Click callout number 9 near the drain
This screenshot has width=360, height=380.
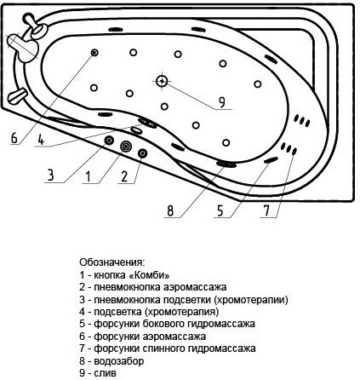pos(222,102)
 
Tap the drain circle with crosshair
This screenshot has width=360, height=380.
pos(162,81)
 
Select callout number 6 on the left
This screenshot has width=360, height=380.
pos(14,138)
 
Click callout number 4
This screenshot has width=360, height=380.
pos(41,140)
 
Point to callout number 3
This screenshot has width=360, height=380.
pos(51,176)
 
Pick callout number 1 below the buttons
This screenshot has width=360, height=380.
pos(89,176)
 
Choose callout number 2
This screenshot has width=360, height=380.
pos(124,176)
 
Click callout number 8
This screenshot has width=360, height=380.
pos(170,211)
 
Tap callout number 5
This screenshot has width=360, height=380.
pos(220,211)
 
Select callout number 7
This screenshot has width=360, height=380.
pos(266,211)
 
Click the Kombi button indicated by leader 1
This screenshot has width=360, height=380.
pos(126,147)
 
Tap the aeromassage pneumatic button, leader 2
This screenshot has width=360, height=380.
pos(142,153)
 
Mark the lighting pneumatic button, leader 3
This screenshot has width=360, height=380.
pos(109,140)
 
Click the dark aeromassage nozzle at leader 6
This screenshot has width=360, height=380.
pos(94,53)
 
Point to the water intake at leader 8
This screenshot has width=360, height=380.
pos(226,164)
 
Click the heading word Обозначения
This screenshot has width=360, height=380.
pos(112,262)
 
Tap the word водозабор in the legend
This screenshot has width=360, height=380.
pos(119,361)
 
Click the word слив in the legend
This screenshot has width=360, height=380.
pos(105,373)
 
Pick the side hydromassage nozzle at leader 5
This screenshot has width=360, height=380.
pos(271,160)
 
